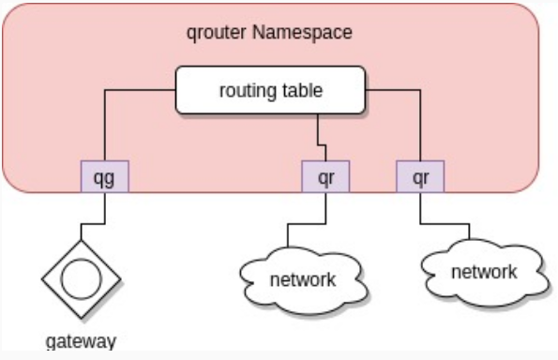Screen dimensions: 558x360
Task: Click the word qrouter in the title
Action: click(x=216, y=33)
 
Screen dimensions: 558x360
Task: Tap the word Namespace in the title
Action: click(x=303, y=32)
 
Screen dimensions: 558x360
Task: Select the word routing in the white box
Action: click(x=245, y=91)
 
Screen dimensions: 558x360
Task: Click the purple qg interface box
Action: click(x=105, y=176)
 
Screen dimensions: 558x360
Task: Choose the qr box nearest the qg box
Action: click(x=325, y=176)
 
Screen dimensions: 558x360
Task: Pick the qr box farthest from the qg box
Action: click(x=420, y=176)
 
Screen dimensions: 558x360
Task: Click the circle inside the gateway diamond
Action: click(x=82, y=278)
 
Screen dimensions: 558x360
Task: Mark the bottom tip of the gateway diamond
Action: click(x=82, y=318)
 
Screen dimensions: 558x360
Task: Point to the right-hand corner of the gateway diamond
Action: click(x=121, y=278)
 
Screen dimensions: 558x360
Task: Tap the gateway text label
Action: click(x=82, y=342)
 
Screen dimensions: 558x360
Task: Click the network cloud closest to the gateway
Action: click(x=303, y=280)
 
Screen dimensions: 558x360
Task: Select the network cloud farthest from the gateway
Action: click(x=484, y=273)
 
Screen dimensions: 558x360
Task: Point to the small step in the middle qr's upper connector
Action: click(x=322, y=144)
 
